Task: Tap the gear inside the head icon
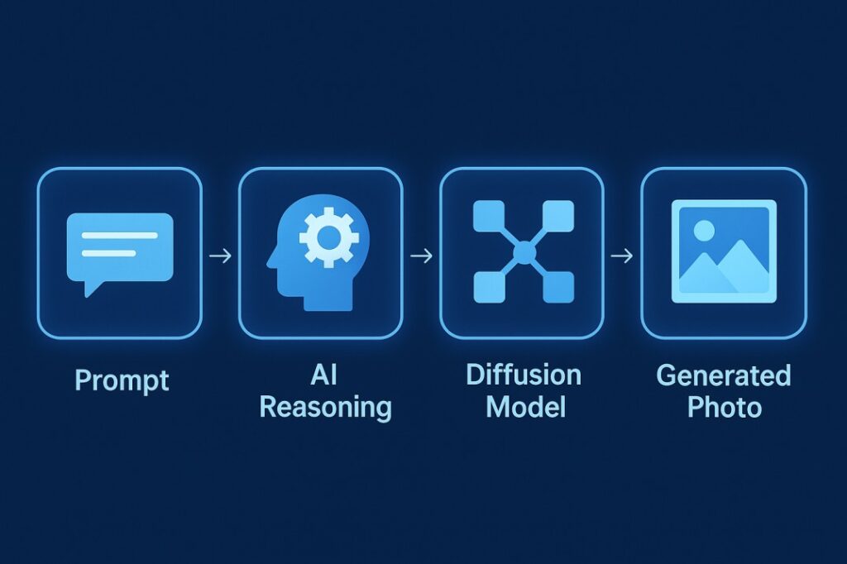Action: tap(329, 237)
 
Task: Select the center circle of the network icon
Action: tap(524, 251)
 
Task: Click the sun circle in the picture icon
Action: tap(703, 231)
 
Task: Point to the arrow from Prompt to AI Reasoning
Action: tap(220, 255)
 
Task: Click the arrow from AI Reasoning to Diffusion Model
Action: tap(421, 255)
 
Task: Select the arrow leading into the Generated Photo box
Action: tap(622, 255)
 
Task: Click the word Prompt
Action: tap(122, 381)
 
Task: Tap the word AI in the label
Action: tap(324, 375)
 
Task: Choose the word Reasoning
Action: tap(326, 408)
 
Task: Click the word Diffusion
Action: tap(524, 375)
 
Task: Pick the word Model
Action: tap(525, 407)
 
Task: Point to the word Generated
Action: tap(724, 375)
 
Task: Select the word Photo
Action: tap(725, 407)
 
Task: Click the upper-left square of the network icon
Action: tap(489, 217)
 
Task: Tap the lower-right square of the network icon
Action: tap(558, 287)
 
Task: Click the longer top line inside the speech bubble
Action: tap(120, 236)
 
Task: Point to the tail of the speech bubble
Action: tap(92, 289)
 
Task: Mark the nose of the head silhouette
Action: tap(269, 263)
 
